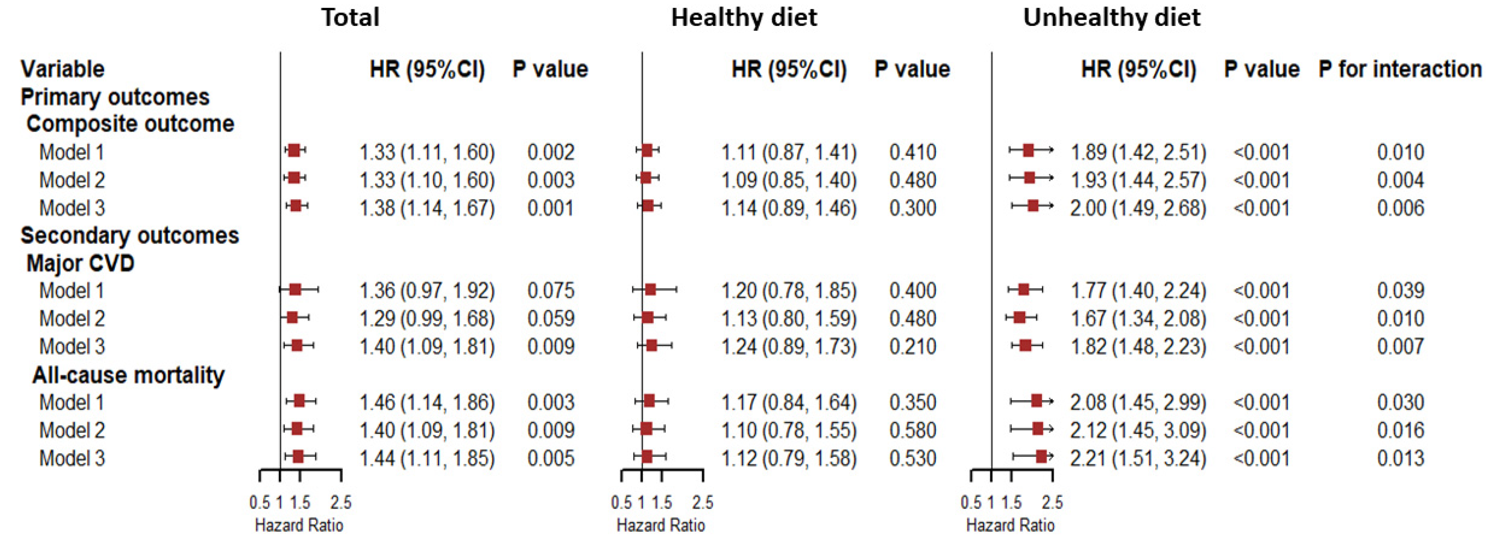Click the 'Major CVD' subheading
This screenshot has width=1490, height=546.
coord(80,264)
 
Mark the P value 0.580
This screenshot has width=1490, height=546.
coord(912,430)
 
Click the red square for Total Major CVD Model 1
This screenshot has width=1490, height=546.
coord(295,289)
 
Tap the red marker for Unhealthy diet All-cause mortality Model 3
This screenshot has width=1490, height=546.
coord(1041,457)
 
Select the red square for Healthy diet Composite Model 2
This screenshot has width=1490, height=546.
coord(646,178)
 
